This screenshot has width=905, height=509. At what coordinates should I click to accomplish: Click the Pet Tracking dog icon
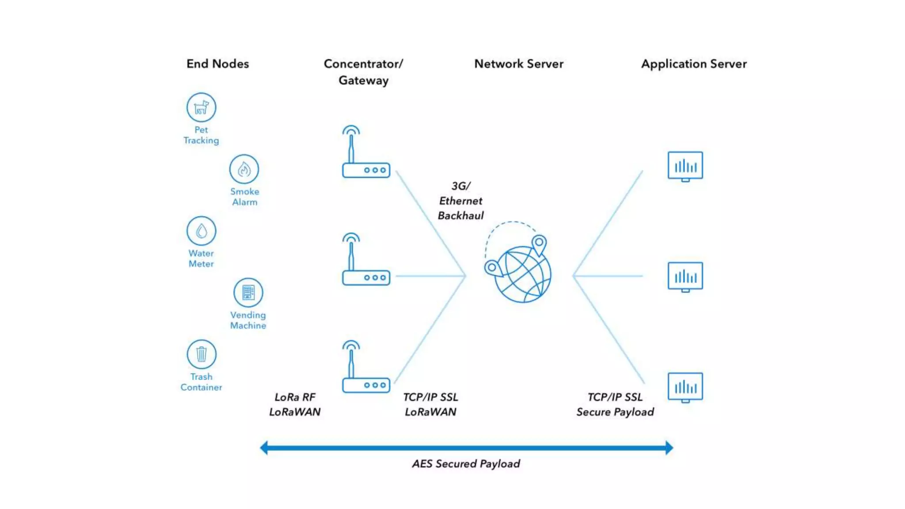click(201, 107)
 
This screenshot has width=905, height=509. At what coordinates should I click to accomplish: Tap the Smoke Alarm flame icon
click(244, 169)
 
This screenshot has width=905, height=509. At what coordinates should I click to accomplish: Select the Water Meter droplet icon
click(201, 231)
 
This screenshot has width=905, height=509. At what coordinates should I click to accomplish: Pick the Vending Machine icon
click(248, 292)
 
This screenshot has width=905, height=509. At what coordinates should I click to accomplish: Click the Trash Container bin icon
click(201, 354)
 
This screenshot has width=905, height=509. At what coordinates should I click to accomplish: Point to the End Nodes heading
click(217, 64)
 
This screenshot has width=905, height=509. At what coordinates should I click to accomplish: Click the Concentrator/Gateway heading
click(363, 72)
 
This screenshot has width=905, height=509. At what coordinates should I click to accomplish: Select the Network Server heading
click(519, 64)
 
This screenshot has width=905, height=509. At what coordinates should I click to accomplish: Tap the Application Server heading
click(694, 64)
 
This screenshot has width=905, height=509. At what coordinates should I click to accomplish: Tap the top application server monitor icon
click(685, 166)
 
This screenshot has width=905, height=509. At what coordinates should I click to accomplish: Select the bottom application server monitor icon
click(685, 387)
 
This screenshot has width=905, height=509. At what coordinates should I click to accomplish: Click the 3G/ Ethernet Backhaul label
click(460, 201)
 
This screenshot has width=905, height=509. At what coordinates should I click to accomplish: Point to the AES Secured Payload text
click(466, 463)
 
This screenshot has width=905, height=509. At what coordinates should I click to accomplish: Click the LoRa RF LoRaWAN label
click(295, 404)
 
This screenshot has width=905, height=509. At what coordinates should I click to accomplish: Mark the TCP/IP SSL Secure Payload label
click(615, 404)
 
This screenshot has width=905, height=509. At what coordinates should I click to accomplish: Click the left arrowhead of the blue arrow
click(264, 448)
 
